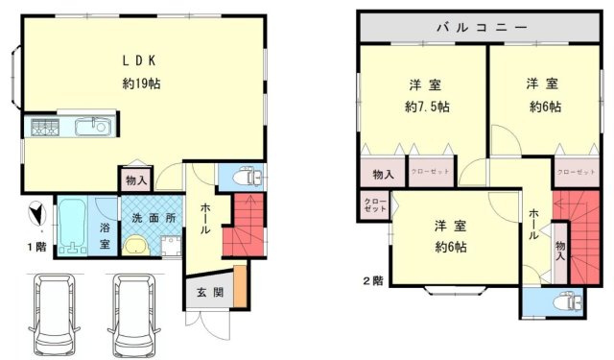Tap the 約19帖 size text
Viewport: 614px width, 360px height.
[141, 84]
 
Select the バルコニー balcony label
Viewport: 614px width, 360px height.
[482, 27]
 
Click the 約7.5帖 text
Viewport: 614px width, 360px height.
[426, 106]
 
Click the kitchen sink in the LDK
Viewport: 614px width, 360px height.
[95, 126]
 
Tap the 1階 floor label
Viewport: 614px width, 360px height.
[35, 247]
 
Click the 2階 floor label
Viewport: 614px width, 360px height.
[373, 281]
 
